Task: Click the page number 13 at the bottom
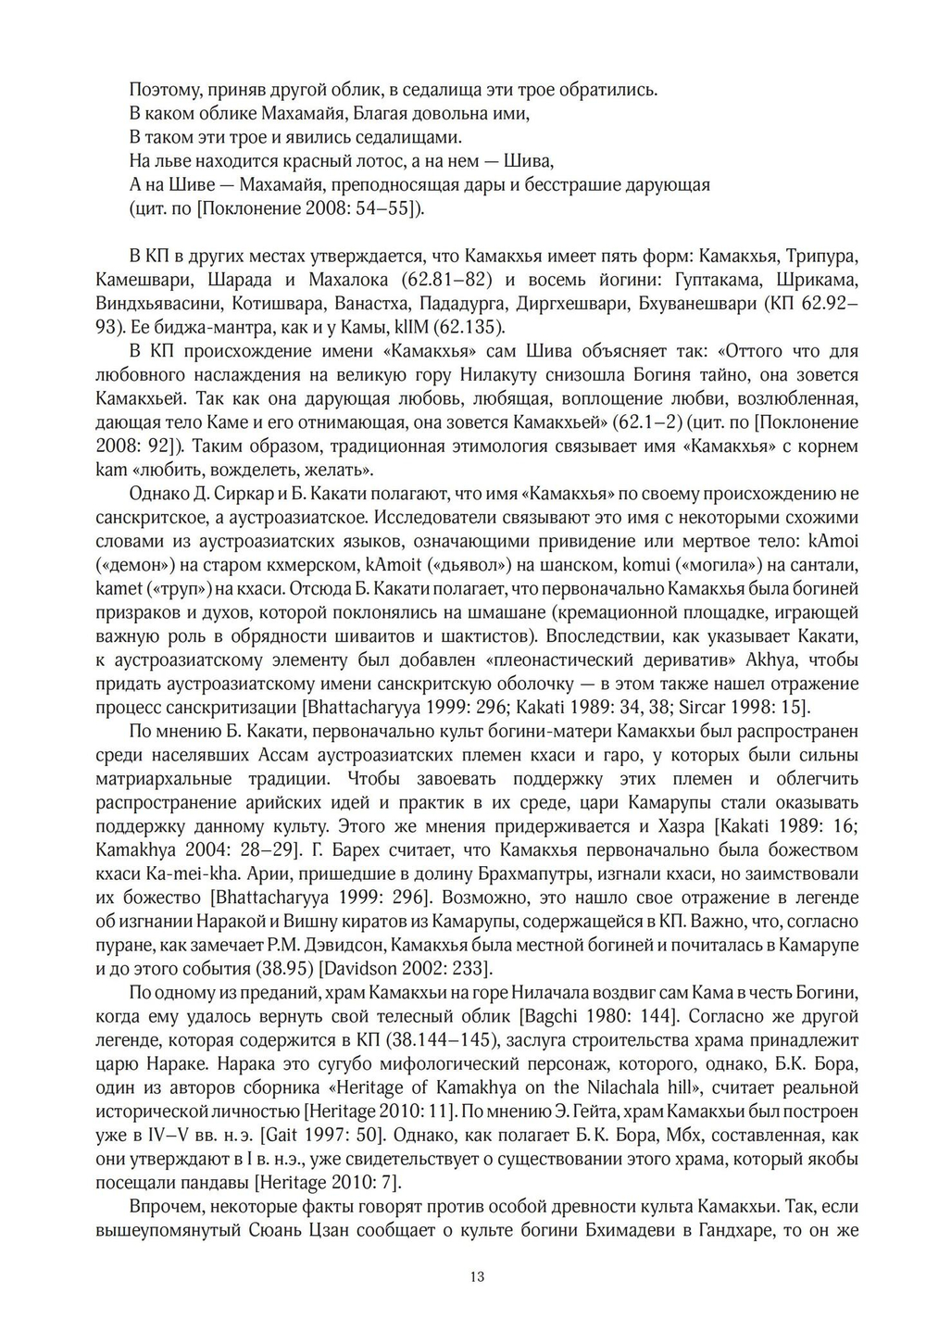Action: (477, 1276)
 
